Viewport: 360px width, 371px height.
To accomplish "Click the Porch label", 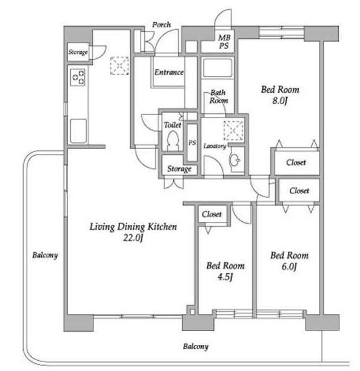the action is point(161,24).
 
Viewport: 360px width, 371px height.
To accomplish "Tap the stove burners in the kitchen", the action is point(78,78).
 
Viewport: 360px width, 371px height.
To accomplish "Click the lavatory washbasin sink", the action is point(235,160).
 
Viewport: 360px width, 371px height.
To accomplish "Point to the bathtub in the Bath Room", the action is point(218,68).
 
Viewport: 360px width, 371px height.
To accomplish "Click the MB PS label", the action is point(224,41).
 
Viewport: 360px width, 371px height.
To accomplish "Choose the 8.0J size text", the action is point(279,101).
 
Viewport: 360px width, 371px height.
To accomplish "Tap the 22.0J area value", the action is point(133,238).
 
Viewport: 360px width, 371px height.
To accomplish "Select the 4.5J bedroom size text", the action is point(225,276).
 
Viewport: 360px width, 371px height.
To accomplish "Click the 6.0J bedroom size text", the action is point(289,266).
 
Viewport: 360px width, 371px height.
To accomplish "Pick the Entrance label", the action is point(169,72).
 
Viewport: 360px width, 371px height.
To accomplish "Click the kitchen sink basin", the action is point(78,131).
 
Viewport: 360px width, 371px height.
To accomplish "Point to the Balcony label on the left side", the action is point(45,255).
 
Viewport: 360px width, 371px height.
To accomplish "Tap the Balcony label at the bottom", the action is point(196,347).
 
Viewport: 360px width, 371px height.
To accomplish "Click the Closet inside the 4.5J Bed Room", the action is point(212,214).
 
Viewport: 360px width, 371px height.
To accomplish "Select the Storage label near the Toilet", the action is point(179,169).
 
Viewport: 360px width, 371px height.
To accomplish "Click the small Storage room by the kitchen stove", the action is point(78,52).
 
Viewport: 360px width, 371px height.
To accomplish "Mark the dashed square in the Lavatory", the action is point(234,130).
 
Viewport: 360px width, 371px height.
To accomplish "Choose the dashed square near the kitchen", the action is point(119,65).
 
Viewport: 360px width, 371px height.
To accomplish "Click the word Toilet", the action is point(173,125).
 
